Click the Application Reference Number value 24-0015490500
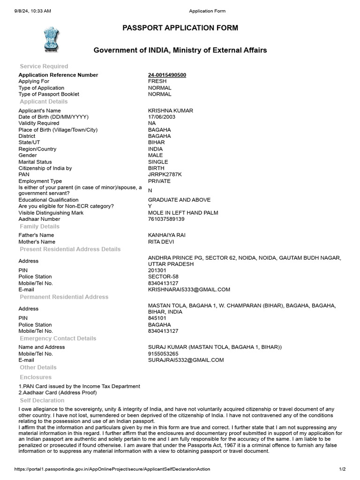(167, 75)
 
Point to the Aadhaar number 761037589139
(166, 219)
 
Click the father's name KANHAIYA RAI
(166, 235)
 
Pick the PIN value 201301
(157, 270)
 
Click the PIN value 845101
(157, 318)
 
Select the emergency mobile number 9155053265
(163, 353)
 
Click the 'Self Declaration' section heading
(42, 401)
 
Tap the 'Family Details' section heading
(39, 226)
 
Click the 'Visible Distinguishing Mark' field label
(51, 213)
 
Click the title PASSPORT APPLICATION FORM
(180, 28)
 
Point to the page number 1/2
(342, 469)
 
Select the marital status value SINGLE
(157, 162)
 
